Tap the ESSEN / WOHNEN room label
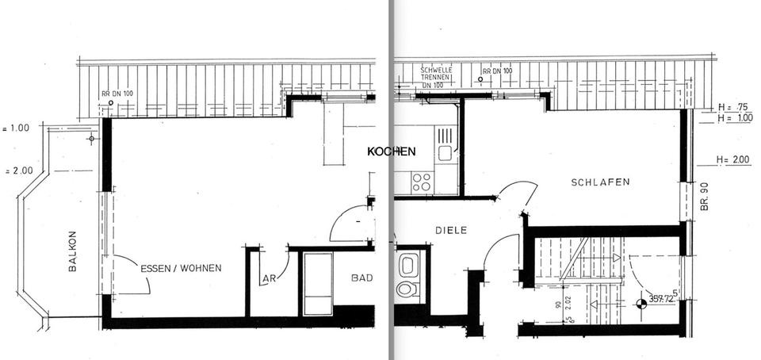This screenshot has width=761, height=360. coord(181,268)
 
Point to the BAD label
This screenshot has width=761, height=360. coord(362,278)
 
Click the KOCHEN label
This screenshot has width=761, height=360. coord(392,151)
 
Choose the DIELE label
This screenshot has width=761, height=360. coord(451,230)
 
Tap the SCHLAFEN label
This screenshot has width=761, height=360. coord(600,182)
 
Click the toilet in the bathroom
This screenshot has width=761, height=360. coord(407,288)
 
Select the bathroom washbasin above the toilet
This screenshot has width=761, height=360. coord(407,264)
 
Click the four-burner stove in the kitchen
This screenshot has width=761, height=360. coord(422,182)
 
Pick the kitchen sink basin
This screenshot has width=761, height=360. coord(445,151)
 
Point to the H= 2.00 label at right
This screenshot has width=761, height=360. coord(732,159)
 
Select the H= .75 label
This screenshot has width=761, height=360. coord(732,106)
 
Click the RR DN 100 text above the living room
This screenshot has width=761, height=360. coord(118,94)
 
